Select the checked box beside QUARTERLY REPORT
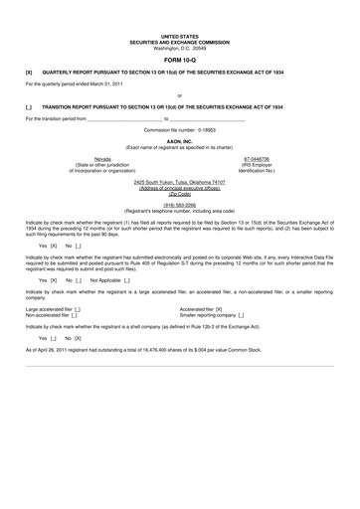[x=29, y=73]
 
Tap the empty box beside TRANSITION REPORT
[x=29, y=106]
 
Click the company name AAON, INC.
[x=180, y=141]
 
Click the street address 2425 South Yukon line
[x=180, y=183]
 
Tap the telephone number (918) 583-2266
[x=180, y=205]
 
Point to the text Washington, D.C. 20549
[x=180, y=48]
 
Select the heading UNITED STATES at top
[x=180, y=35]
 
